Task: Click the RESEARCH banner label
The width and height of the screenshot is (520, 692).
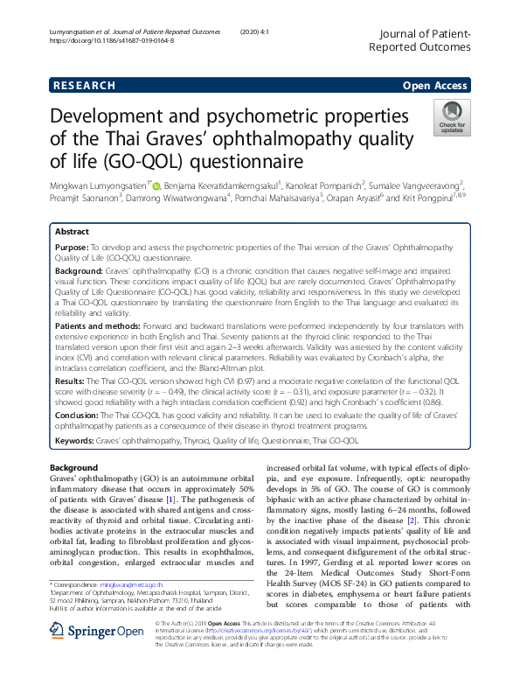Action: [84, 86]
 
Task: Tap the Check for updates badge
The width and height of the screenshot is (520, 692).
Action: [452, 117]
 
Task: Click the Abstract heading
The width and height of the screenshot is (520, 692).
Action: [72, 232]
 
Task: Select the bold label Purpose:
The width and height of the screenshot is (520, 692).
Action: [73, 249]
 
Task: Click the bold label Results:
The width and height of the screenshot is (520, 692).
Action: [72, 381]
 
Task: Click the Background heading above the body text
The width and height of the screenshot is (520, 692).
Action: [74, 468]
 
